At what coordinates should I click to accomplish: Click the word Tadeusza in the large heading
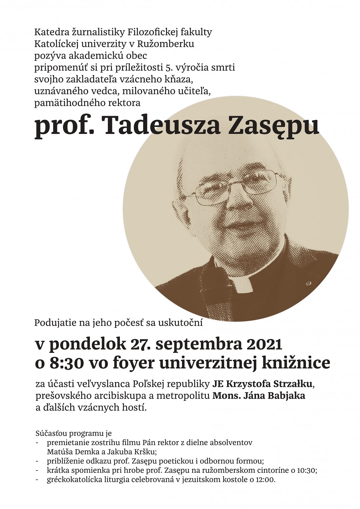[161, 125]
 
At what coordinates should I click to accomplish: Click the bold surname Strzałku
[293, 384]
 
